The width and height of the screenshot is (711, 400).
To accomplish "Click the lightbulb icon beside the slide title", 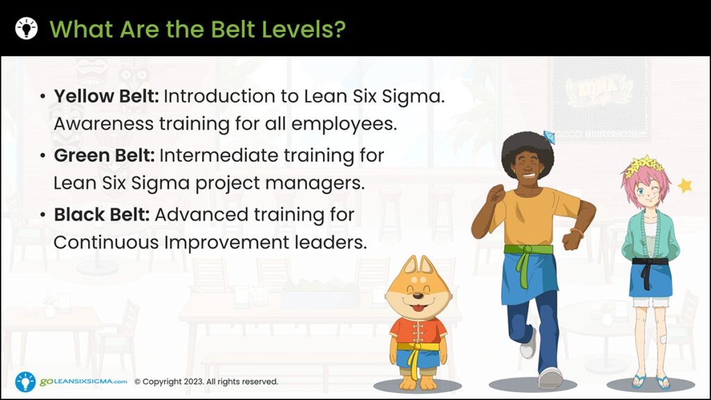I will [26, 28].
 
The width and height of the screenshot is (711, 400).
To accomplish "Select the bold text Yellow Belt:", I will [106, 97].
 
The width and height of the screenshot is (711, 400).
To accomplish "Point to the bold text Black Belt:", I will [101, 215].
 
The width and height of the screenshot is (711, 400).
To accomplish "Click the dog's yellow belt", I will [417, 347].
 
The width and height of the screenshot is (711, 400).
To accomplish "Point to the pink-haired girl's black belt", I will [649, 262].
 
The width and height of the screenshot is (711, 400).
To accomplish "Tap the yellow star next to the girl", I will [685, 185].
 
